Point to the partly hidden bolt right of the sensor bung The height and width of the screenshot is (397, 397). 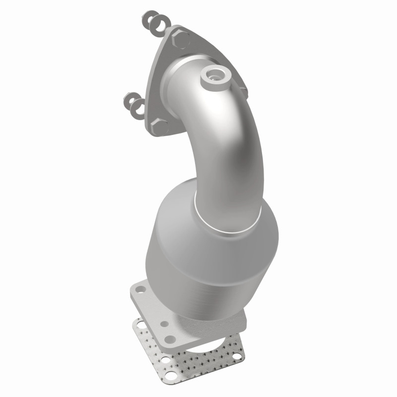[x=243, y=88]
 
